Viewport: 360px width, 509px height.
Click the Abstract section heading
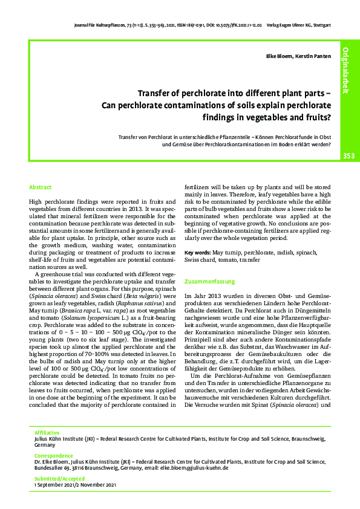coord(41,188)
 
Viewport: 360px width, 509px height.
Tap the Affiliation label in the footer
coord(47,433)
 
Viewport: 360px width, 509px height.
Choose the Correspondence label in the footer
coord(52,454)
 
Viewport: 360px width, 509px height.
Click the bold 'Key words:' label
coord(198,251)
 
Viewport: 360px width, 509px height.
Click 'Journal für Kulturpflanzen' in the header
coord(95,26)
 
